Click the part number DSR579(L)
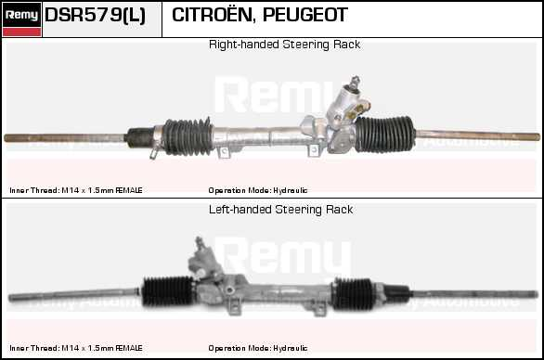pos(95,16)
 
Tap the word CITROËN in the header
pos(210,16)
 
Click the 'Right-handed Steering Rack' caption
pos(284,45)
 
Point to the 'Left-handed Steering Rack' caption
pos(280,210)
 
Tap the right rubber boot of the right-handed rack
pos(383,133)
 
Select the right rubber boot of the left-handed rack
pos(358,295)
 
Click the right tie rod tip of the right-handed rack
pos(533,137)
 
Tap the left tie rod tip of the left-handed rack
pos(13,298)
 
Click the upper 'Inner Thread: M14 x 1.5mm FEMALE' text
pos(76,190)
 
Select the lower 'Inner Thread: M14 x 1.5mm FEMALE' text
pos(76,348)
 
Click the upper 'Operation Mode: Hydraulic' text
pos(258,190)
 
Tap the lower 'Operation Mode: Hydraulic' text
pos(258,348)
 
